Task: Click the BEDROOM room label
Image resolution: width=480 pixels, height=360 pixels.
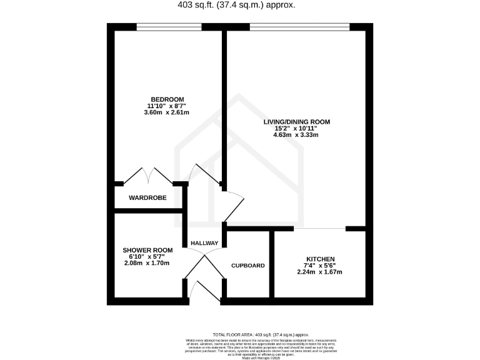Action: pos(167,99)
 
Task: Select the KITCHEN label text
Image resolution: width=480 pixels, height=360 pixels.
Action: pos(320,259)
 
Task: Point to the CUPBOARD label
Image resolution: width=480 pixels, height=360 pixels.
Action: pos(248,266)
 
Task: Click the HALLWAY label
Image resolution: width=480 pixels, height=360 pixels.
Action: pos(204,243)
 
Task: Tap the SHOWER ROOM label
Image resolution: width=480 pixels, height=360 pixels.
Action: pos(146,250)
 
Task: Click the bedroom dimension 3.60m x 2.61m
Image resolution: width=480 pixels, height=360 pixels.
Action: pos(167,112)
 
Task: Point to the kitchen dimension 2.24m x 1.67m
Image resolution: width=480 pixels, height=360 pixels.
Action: pos(320,272)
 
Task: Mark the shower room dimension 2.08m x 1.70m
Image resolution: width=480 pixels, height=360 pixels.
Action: pos(146,263)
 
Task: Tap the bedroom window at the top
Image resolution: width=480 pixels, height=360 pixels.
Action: pos(169,26)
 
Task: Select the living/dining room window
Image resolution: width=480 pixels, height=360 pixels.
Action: pos(299,26)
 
